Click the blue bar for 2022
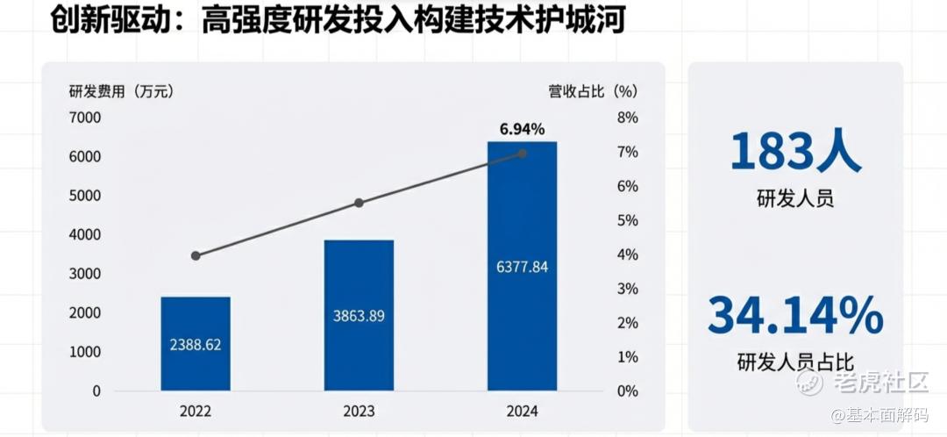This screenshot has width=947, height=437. [x=196, y=343]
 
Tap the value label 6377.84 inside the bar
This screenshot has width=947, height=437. [x=522, y=267]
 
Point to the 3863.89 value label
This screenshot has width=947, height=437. [x=359, y=316]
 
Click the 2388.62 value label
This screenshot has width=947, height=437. [x=196, y=345]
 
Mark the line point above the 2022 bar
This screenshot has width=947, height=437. [x=196, y=255]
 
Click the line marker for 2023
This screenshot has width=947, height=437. [x=359, y=203]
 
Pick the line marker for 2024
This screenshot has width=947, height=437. [x=523, y=154]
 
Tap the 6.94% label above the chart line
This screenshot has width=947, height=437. [x=523, y=130]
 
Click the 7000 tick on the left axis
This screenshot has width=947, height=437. [x=85, y=118]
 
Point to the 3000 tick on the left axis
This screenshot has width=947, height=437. [x=85, y=274]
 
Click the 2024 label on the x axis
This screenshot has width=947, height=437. [x=522, y=411]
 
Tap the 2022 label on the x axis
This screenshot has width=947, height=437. [x=196, y=411]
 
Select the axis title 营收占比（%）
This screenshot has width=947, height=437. [x=593, y=90]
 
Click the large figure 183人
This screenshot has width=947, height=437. [x=795, y=153]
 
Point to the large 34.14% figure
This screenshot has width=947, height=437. [x=795, y=316]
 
